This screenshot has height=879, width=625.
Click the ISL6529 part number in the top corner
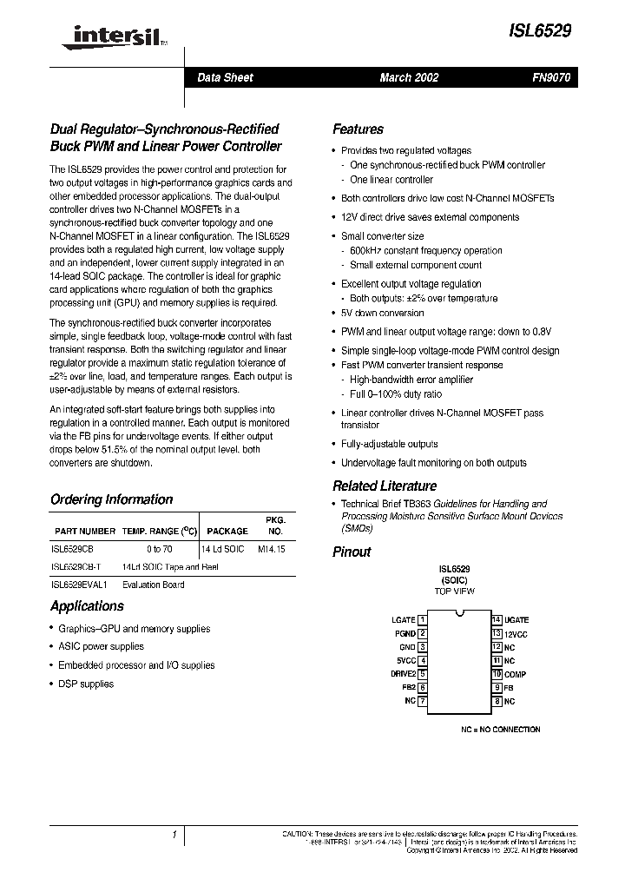[x=540, y=30]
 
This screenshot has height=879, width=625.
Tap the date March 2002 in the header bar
[x=409, y=77]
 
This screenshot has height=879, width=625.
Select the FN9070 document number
[x=550, y=77]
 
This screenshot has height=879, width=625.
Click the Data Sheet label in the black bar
[x=225, y=77]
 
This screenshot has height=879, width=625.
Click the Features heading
[x=358, y=129]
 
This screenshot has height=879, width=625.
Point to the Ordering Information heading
[x=111, y=499]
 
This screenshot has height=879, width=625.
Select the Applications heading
[x=87, y=606]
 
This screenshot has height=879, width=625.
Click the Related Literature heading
[x=385, y=486]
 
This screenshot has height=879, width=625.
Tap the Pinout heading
[x=352, y=552]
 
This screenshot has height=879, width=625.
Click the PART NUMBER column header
[x=84, y=531]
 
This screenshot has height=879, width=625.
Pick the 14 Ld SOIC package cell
[x=222, y=549]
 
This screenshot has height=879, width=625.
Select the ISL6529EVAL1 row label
[x=81, y=585]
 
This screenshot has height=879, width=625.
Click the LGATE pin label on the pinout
[x=404, y=620]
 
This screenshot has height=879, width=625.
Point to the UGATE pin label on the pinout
[x=516, y=620]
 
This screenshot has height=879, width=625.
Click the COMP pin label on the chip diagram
[x=515, y=674]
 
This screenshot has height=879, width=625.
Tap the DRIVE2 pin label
[x=402, y=674]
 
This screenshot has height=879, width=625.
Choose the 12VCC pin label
[x=517, y=633]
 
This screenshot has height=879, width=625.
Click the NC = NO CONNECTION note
[x=500, y=730]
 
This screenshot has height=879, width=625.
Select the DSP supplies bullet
[x=85, y=684]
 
